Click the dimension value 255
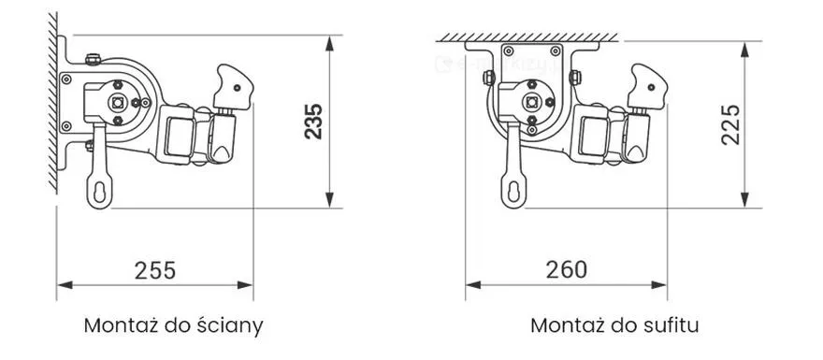[155, 270]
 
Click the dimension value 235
[314, 122]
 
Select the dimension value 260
[567, 269]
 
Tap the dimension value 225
[730, 125]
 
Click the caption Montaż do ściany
[174, 326]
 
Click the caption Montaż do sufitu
[614, 325]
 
